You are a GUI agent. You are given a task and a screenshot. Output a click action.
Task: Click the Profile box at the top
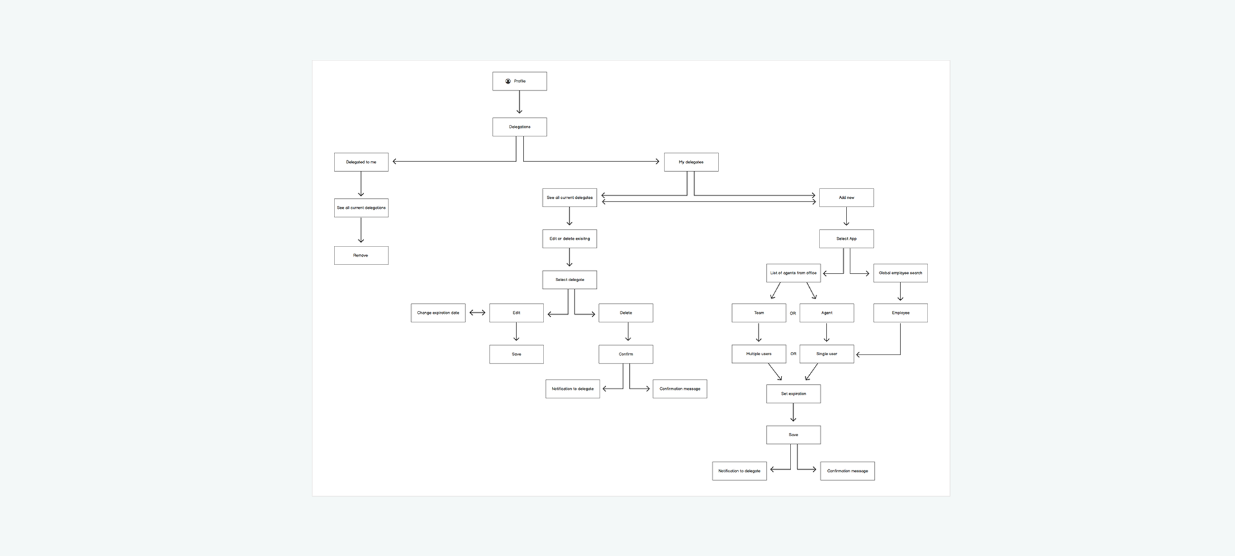(x=520, y=81)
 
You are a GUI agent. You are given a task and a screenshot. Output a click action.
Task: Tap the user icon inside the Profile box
(x=508, y=81)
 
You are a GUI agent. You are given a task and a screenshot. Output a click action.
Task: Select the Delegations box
(x=520, y=127)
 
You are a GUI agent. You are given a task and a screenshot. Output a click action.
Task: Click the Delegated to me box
(x=361, y=162)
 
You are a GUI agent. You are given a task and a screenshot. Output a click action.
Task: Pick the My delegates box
(x=691, y=162)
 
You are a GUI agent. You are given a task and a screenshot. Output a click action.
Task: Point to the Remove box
(x=361, y=255)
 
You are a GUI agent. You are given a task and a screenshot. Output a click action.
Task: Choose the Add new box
(x=846, y=198)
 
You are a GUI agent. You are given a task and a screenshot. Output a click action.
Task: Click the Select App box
(x=846, y=239)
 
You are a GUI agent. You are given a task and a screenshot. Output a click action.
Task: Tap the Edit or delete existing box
(x=570, y=239)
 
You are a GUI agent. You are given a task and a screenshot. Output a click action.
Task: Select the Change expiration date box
(x=438, y=313)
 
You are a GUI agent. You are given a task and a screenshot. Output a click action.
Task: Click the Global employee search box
(x=901, y=273)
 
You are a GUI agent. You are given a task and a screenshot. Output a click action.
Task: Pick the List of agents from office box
(x=794, y=273)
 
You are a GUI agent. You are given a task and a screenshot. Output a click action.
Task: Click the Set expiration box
(x=794, y=394)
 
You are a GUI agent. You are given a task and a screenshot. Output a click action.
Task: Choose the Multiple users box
(x=759, y=354)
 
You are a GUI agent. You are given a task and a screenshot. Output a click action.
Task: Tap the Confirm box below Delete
(x=626, y=354)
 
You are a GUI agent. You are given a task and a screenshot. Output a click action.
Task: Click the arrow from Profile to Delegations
(x=520, y=102)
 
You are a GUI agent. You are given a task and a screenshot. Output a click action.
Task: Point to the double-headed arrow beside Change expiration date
(x=477, y=313)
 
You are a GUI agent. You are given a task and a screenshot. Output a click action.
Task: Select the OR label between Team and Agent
(x=793, y=313)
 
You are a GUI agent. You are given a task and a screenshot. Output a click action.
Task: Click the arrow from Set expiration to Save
(x=793, y=412)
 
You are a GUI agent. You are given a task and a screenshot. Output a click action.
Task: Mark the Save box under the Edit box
(x=517, y=354)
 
